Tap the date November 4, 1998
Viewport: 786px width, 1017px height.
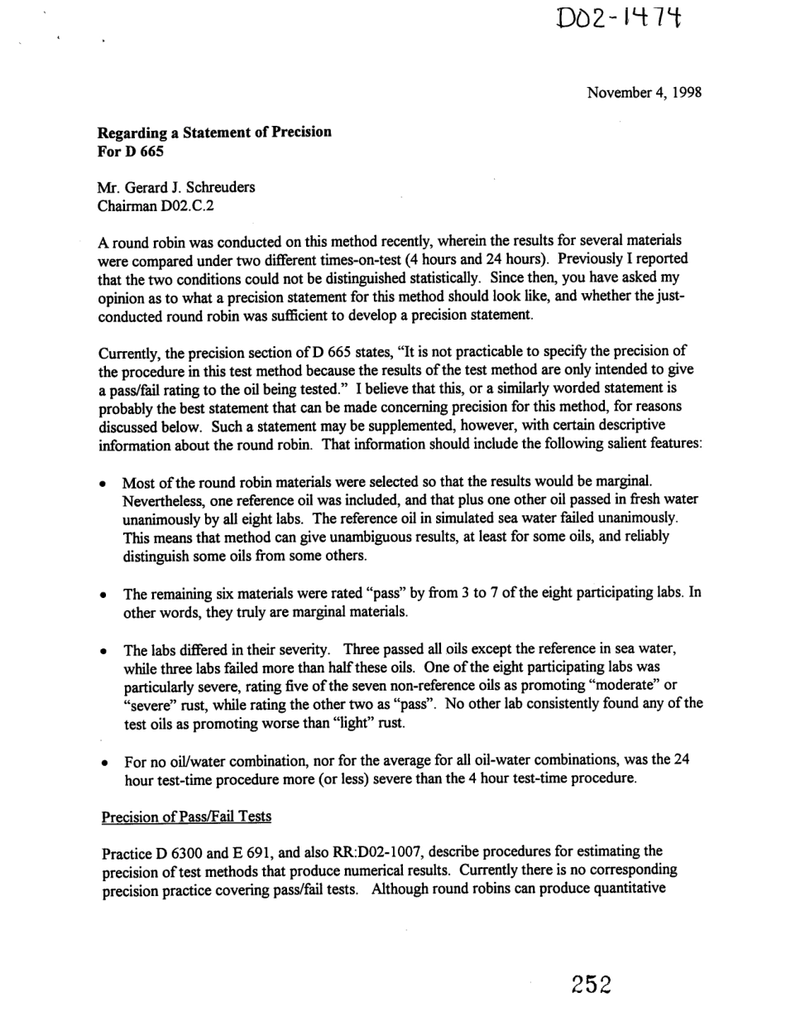[645, 93]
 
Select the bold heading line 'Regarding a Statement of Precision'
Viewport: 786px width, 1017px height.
[214, 133]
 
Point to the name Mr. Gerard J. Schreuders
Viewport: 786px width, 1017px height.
[176, 187]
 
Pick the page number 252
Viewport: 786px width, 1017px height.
[591, 985]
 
